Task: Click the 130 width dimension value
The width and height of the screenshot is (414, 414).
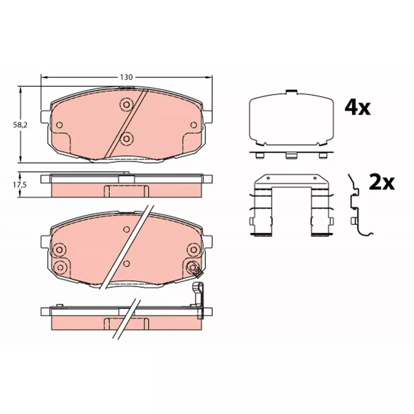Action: click(126, 77)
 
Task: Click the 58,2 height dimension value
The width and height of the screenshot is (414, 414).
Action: click(20, 125)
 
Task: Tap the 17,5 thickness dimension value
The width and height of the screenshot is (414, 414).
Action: click(20, 185)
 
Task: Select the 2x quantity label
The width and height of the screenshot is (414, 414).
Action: click(381, 182)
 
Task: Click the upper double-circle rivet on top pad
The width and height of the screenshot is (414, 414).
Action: click(126, 105)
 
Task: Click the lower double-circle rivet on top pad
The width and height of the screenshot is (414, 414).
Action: click(126, 139)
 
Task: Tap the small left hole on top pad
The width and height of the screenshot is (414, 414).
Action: click(60, 125)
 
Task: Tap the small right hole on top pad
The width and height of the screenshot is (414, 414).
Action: click(194, 125)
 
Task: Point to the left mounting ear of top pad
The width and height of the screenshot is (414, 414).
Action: click(45, 117)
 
